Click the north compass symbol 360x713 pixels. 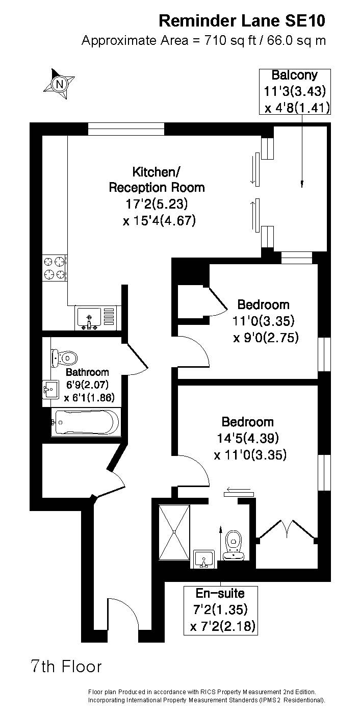click(x=59, y=84)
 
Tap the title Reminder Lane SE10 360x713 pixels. click(x=242, y=21)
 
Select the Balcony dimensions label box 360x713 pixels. click(x=295, y=92)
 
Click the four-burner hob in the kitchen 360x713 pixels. click(x=55, y=267)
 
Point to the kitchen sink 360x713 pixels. click(x=95, y=318)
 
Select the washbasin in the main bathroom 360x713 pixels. click(x=50, y=389)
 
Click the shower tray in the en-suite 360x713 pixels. click(x=174, y=531)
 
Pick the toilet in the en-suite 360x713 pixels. click(x=234, y=545)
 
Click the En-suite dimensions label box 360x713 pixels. click(x=221, y=610)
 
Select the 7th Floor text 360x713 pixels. click(x=66, y=666)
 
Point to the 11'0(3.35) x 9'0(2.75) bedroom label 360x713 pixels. click(x=264, y=321)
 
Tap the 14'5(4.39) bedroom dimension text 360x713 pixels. click(x=248, y=438)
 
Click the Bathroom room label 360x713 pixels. click(x=87, y=372)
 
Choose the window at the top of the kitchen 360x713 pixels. click(x=126, y=129)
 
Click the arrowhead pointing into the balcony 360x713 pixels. click(x=302, y=184)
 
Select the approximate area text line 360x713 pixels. click(x=204, y=41)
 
